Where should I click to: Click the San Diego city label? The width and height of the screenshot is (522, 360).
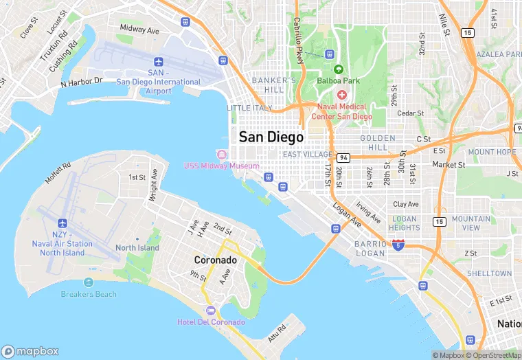click(271, 137)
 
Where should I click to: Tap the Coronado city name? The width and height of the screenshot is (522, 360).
click(215, 260)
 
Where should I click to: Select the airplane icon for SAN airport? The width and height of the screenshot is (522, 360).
click(159, 61)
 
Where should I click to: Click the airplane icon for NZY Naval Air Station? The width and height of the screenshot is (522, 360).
click(63, 224)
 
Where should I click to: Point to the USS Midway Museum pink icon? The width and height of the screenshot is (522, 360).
click(221, 154)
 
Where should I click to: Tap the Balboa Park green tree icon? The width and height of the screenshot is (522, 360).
click(338, 69)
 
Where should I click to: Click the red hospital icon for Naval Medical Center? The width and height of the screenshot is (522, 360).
click(341, 94)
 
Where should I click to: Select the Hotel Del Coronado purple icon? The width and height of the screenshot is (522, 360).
click(211, 311)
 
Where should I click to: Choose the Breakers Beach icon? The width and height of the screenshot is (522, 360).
click(88, 282)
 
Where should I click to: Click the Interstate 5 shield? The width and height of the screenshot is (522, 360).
click(398, 244)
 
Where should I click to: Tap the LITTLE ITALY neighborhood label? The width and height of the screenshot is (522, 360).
click(249, 108)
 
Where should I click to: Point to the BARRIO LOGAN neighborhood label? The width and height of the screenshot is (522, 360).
click(375, 249)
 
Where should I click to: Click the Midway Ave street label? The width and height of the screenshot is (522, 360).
click(139, 30)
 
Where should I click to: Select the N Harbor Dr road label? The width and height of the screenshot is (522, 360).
click(82, 82)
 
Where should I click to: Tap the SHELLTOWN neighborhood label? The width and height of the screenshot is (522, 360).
click(489, 273)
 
